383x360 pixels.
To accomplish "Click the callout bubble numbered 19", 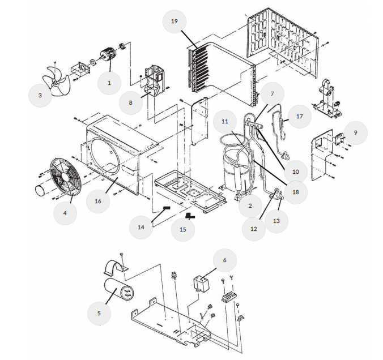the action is tap(175, 22).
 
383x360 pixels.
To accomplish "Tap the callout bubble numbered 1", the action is tap(109, 83).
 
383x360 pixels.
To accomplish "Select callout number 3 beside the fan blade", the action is tap(40, 96).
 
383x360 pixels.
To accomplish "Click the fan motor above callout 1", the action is tap(108, 55).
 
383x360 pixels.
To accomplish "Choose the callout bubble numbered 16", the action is tap(98, 202).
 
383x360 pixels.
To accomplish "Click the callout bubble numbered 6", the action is tap(225, 260).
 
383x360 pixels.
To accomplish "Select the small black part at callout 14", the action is tap(167, 208).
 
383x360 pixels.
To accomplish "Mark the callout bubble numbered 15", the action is tap(183, 230).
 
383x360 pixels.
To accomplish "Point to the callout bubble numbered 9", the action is tap(356, 133).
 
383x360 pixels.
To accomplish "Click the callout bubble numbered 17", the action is tap(300, 117).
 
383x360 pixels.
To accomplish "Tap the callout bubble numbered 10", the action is tap(296, 172).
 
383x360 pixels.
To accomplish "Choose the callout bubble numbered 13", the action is tap(276, 221).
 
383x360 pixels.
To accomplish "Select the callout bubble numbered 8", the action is tap(131, 103).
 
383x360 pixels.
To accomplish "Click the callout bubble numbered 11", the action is tap(225, 122).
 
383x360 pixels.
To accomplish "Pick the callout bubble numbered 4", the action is tap(65, 213).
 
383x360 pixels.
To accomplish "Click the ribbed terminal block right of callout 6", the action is tap(229, 297).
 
